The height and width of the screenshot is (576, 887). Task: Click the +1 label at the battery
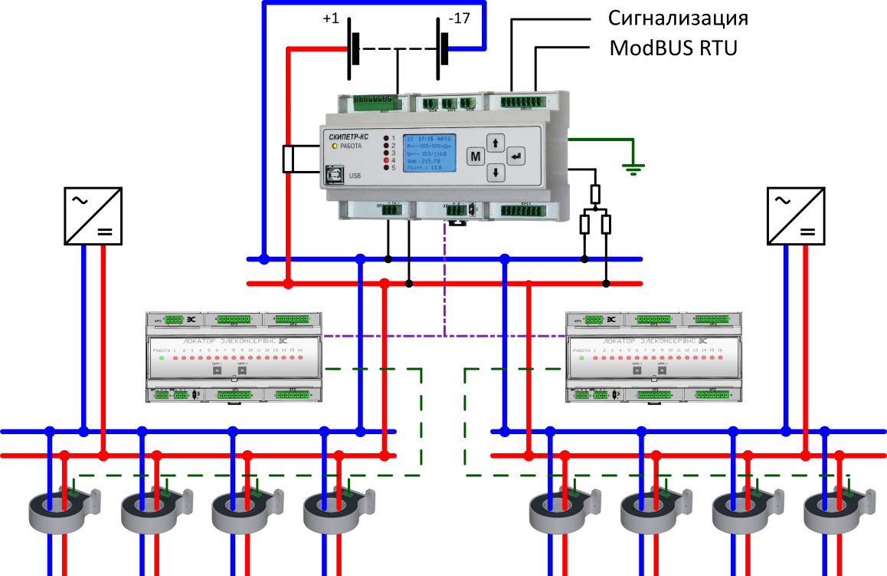coord(331,18)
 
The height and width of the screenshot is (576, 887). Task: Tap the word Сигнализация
coord(678,18)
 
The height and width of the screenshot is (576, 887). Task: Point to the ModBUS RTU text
coord(673,48)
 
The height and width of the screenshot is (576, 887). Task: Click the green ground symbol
coord(632,167)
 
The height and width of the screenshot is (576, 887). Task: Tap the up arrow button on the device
coord(496,143)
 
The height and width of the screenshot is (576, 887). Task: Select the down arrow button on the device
coord(496,173)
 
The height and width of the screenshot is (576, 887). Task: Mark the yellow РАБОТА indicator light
coord(335,146)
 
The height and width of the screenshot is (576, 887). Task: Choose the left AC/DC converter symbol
coord(92,216)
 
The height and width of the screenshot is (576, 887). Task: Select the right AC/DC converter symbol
coord(797,216)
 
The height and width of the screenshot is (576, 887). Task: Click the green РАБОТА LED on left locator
coord(161,358)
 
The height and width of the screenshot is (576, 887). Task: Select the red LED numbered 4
coord(387,160)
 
